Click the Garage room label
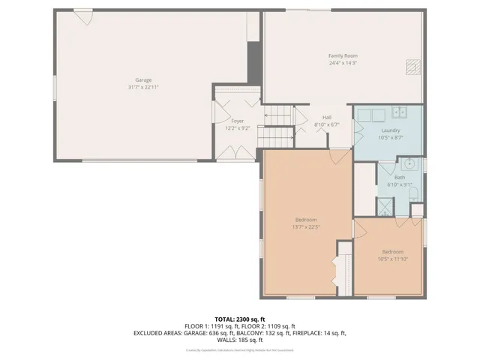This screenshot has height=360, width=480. click(143, 79)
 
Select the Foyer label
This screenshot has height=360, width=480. click(237, 121)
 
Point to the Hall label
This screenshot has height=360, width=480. click(327, 118)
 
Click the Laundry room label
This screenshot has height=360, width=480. click(391, 130)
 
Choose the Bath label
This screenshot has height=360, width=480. click(400, 178)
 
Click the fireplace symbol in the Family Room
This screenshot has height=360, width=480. click(411, 68)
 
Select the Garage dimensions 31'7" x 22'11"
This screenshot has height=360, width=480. click(143, 87)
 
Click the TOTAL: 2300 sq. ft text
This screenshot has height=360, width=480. click(239, 319)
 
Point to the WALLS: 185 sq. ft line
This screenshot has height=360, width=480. click(239, 340)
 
